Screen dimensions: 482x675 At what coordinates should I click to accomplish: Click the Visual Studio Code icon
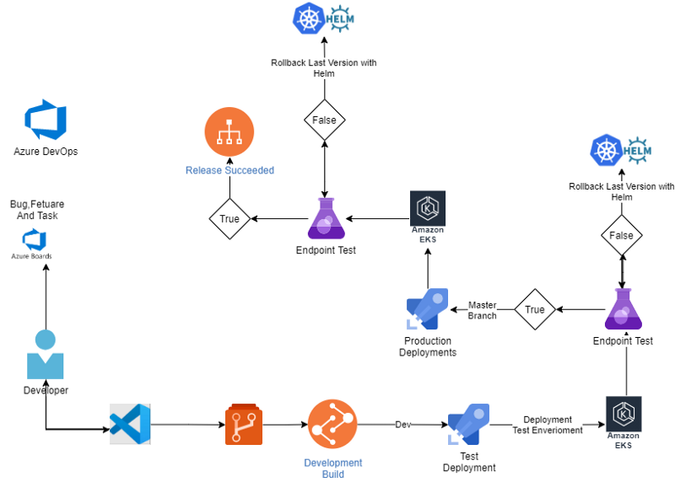[130, 423]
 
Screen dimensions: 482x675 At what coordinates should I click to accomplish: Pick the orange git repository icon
[244, 424]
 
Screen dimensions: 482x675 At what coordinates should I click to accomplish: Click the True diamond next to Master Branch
[535, 310]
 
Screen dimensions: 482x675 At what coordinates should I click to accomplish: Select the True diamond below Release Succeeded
[229, 219]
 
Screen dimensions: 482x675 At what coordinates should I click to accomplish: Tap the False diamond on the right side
[622, 236]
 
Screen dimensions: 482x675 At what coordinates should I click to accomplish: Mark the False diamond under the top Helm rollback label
[325, 121]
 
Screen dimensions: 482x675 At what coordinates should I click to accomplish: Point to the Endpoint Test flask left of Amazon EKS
[326, 219]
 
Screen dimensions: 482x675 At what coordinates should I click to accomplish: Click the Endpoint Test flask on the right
[623, 309]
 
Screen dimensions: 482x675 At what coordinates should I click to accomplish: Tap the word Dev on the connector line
[403, 425]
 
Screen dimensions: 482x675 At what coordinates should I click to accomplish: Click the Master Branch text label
[483, 310]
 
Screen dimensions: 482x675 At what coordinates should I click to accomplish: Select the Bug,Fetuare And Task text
[36, 210]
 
